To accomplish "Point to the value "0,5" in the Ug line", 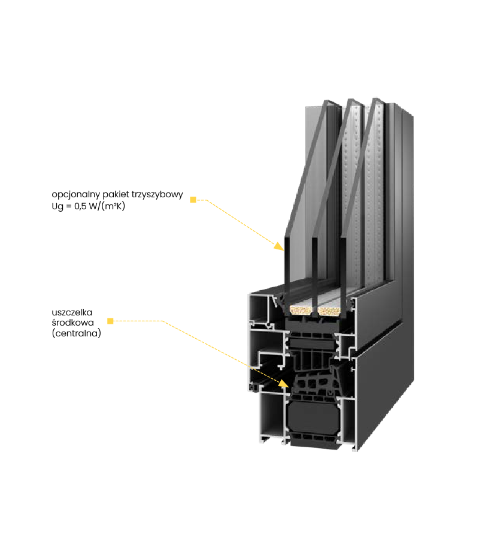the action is coord(80,206).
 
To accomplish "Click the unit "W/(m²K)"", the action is coord(107,206).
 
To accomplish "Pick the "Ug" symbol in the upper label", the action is coord(57,206).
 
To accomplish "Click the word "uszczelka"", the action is coord(72,312).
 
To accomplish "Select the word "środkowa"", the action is coord(73,323).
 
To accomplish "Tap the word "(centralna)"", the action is coord(77,333).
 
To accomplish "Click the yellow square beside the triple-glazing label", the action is coord(193,200).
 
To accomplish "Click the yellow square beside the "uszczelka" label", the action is coord(110,321).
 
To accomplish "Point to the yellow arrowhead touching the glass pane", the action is coord(279,246).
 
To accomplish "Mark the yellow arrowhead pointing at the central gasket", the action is coord(284,383).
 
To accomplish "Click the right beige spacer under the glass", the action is coord(329,311).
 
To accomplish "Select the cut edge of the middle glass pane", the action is coord(314,270).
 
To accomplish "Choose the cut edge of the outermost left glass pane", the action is coord(287,270).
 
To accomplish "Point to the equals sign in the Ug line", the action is coord(69,206).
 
